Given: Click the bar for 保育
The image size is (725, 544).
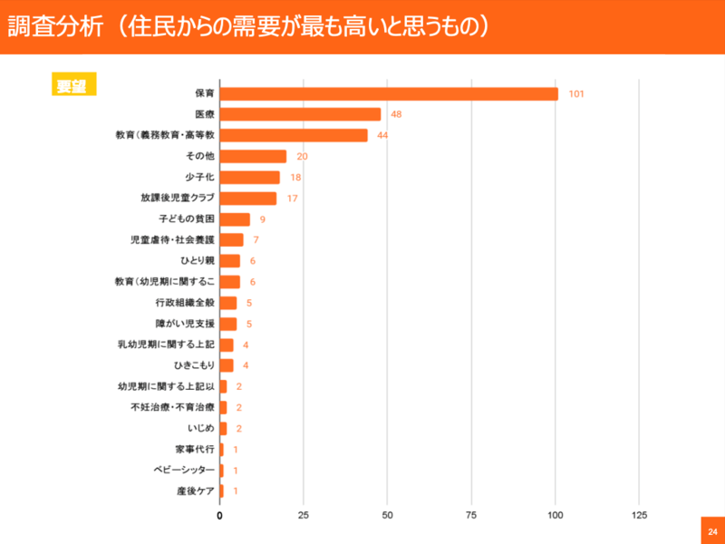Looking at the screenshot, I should [389, 93].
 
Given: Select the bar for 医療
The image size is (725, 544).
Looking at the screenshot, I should [300, 114].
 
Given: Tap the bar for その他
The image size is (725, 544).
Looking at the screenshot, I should [253, 156].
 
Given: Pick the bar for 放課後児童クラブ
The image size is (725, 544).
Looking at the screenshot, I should [248, 199].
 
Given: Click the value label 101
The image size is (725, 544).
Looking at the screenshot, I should [576, 93].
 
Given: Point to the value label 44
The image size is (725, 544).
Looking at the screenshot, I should [382, 135].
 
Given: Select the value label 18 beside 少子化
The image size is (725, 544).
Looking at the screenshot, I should [295, 178].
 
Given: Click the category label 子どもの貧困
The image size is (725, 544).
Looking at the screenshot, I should [188, 219].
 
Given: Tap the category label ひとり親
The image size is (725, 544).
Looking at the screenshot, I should [197, 261].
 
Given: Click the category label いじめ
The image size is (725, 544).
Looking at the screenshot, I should [201, 428].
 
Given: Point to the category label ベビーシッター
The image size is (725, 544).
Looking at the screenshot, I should [184, 470].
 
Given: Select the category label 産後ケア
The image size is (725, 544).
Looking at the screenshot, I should [195, 491].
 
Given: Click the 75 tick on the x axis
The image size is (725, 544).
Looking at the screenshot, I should [471, 515].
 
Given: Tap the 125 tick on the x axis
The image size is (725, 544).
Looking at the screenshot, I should [639, 515].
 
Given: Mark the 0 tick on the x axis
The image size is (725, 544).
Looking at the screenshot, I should [220, 515].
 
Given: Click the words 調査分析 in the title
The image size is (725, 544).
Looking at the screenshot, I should [45, 26].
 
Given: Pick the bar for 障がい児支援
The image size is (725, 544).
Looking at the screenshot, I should [228, 324].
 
